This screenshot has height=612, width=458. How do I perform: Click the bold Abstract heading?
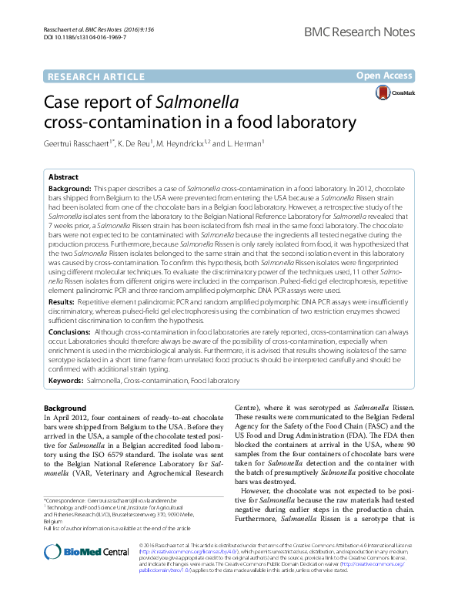64,177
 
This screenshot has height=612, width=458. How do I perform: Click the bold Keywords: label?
66,381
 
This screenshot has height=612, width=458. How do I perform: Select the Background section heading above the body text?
65,408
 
